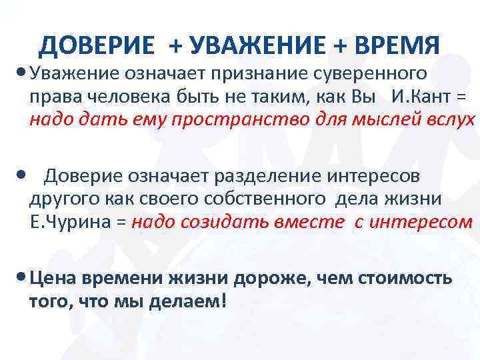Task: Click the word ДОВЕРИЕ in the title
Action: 96,45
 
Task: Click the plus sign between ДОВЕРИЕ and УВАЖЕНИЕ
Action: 174,45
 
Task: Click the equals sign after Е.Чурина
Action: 120,223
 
